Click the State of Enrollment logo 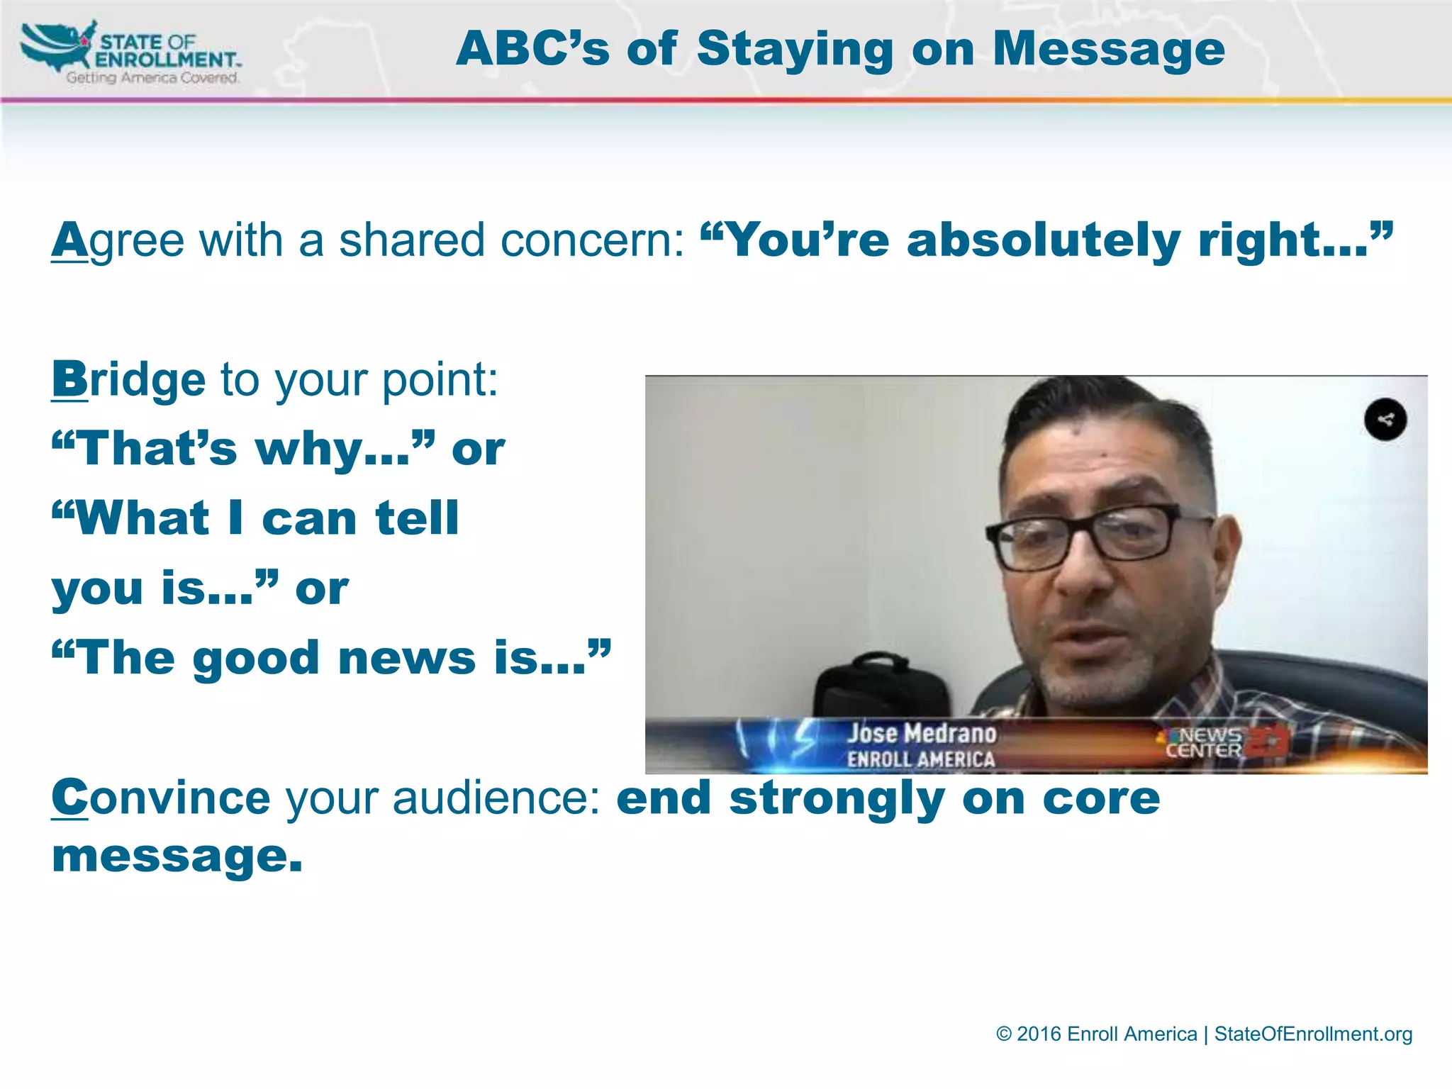coord(131,53)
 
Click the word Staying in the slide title coord(795,49)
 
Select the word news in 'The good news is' coord(407,658)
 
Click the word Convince coord(161,798)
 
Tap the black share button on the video coord(1385,420)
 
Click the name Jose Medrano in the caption coord(922,733)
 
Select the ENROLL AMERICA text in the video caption coord(921,759)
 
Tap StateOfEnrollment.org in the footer coord(1313,1034)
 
